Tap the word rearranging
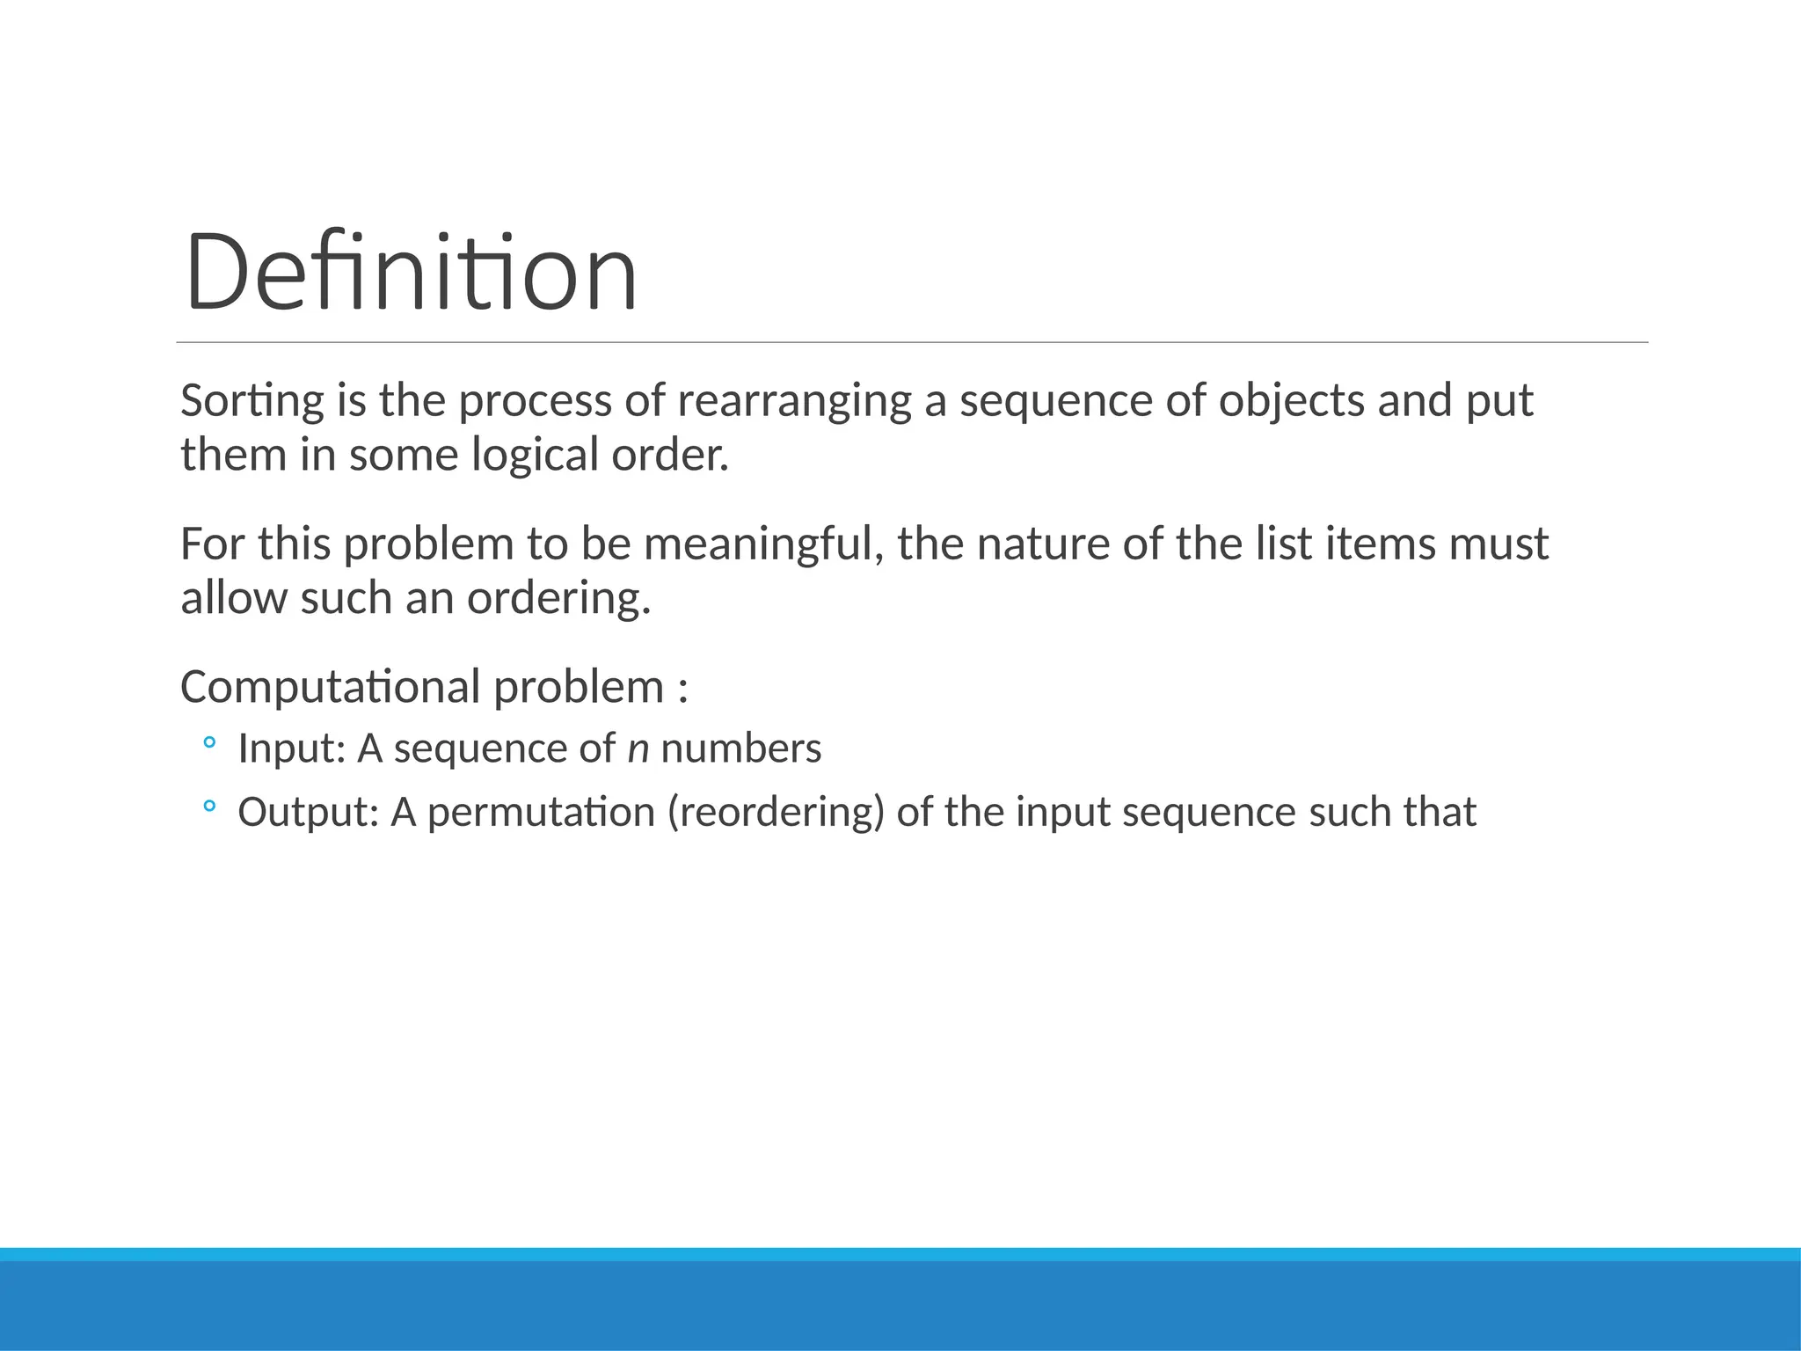click(x=794, y=401)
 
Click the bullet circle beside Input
click(x=208, y=743)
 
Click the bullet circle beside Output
click(x=208, y=806)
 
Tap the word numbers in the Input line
click(x=740, y=749)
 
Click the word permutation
click(x=541, y=812)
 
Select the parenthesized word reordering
click(x=776, y=812)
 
